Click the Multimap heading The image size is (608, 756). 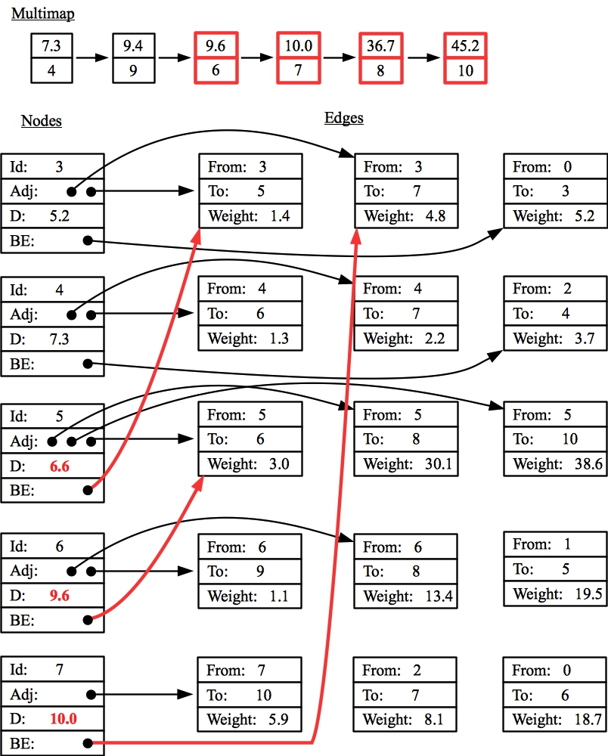coord(42,14)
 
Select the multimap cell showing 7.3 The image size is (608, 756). coord(51,45)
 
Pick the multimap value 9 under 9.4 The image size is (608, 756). coord(133,71)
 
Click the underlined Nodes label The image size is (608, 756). coord(41,121)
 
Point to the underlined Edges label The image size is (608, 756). coord(343,117)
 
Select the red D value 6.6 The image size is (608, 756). coord(60,466)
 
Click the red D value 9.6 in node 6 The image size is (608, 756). coord(60,595)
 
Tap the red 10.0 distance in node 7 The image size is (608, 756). coord(63,719)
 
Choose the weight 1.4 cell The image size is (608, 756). coord(250,216)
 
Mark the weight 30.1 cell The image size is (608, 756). coord(406,463)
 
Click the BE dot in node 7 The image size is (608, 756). coord(88,743)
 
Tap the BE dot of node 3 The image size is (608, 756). coord(88,241)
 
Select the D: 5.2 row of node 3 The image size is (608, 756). coord(52,216)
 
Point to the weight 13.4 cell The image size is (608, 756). coord(406,596)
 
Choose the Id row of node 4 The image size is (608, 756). coord(52,290)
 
